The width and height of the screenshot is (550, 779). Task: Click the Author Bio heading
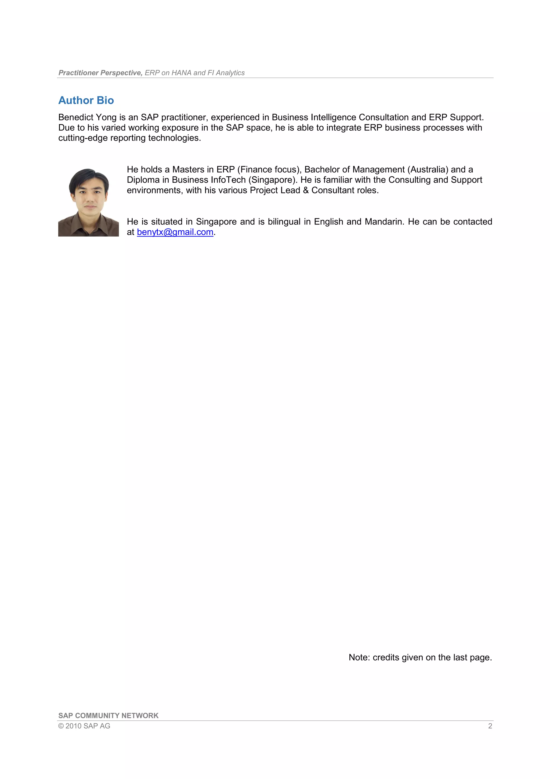[x=86, y=101]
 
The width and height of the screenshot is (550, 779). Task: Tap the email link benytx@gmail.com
[x=175, y=232]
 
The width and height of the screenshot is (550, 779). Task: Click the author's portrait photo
[x=88, y=202]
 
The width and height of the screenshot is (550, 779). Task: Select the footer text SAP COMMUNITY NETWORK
[x=108, y=716]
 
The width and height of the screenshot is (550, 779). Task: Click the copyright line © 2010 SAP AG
[x=84, y=726]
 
